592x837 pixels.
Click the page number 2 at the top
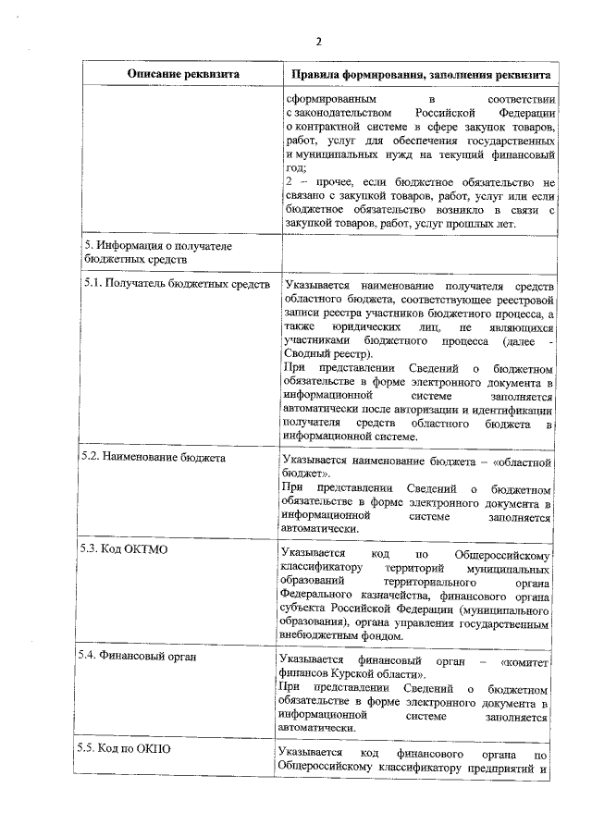318,42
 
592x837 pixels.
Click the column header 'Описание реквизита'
182,73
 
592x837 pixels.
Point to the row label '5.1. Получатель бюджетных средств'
175,284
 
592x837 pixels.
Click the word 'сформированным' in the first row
331,97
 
